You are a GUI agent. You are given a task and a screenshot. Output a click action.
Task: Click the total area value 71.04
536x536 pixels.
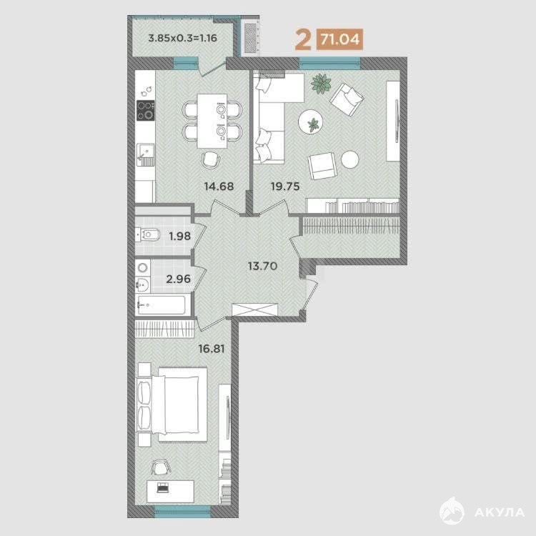tap(339, 39)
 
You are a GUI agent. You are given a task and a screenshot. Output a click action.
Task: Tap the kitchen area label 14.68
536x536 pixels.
tap(219, 187)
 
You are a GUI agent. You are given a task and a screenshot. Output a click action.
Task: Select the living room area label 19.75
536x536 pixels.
tap(285, 187)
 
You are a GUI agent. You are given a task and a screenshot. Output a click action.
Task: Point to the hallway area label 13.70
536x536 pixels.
tap(262, 266)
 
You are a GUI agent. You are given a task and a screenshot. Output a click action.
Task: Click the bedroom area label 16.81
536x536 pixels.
tap(212, 349)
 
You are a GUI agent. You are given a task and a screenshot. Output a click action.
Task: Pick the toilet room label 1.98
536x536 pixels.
tap(180, 236)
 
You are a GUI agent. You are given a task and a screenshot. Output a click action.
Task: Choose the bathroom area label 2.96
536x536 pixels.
tap(179, 279)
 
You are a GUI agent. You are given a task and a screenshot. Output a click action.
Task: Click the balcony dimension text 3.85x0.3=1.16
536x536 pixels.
tap(182, 38)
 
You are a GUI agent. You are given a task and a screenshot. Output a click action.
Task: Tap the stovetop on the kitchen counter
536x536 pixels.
tap(146, 110)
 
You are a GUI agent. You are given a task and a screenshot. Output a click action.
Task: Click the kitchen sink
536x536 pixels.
tap(146, 154)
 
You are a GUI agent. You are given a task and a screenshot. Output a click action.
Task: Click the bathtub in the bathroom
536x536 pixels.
tap(161, 304)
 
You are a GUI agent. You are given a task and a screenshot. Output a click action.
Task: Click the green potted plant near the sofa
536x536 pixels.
tap(321, 84)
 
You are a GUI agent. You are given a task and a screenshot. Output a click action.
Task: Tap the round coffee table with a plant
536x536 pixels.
tap(311, 122)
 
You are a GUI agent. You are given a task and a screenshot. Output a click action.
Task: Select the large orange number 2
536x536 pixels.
tap(303, 39)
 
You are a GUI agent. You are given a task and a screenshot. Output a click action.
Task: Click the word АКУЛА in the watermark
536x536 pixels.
tap(500, 512)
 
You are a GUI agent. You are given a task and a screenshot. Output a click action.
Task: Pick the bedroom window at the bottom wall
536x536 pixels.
tap(182, 510)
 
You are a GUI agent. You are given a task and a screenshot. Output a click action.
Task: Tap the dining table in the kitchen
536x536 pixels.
tap(212, 121)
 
